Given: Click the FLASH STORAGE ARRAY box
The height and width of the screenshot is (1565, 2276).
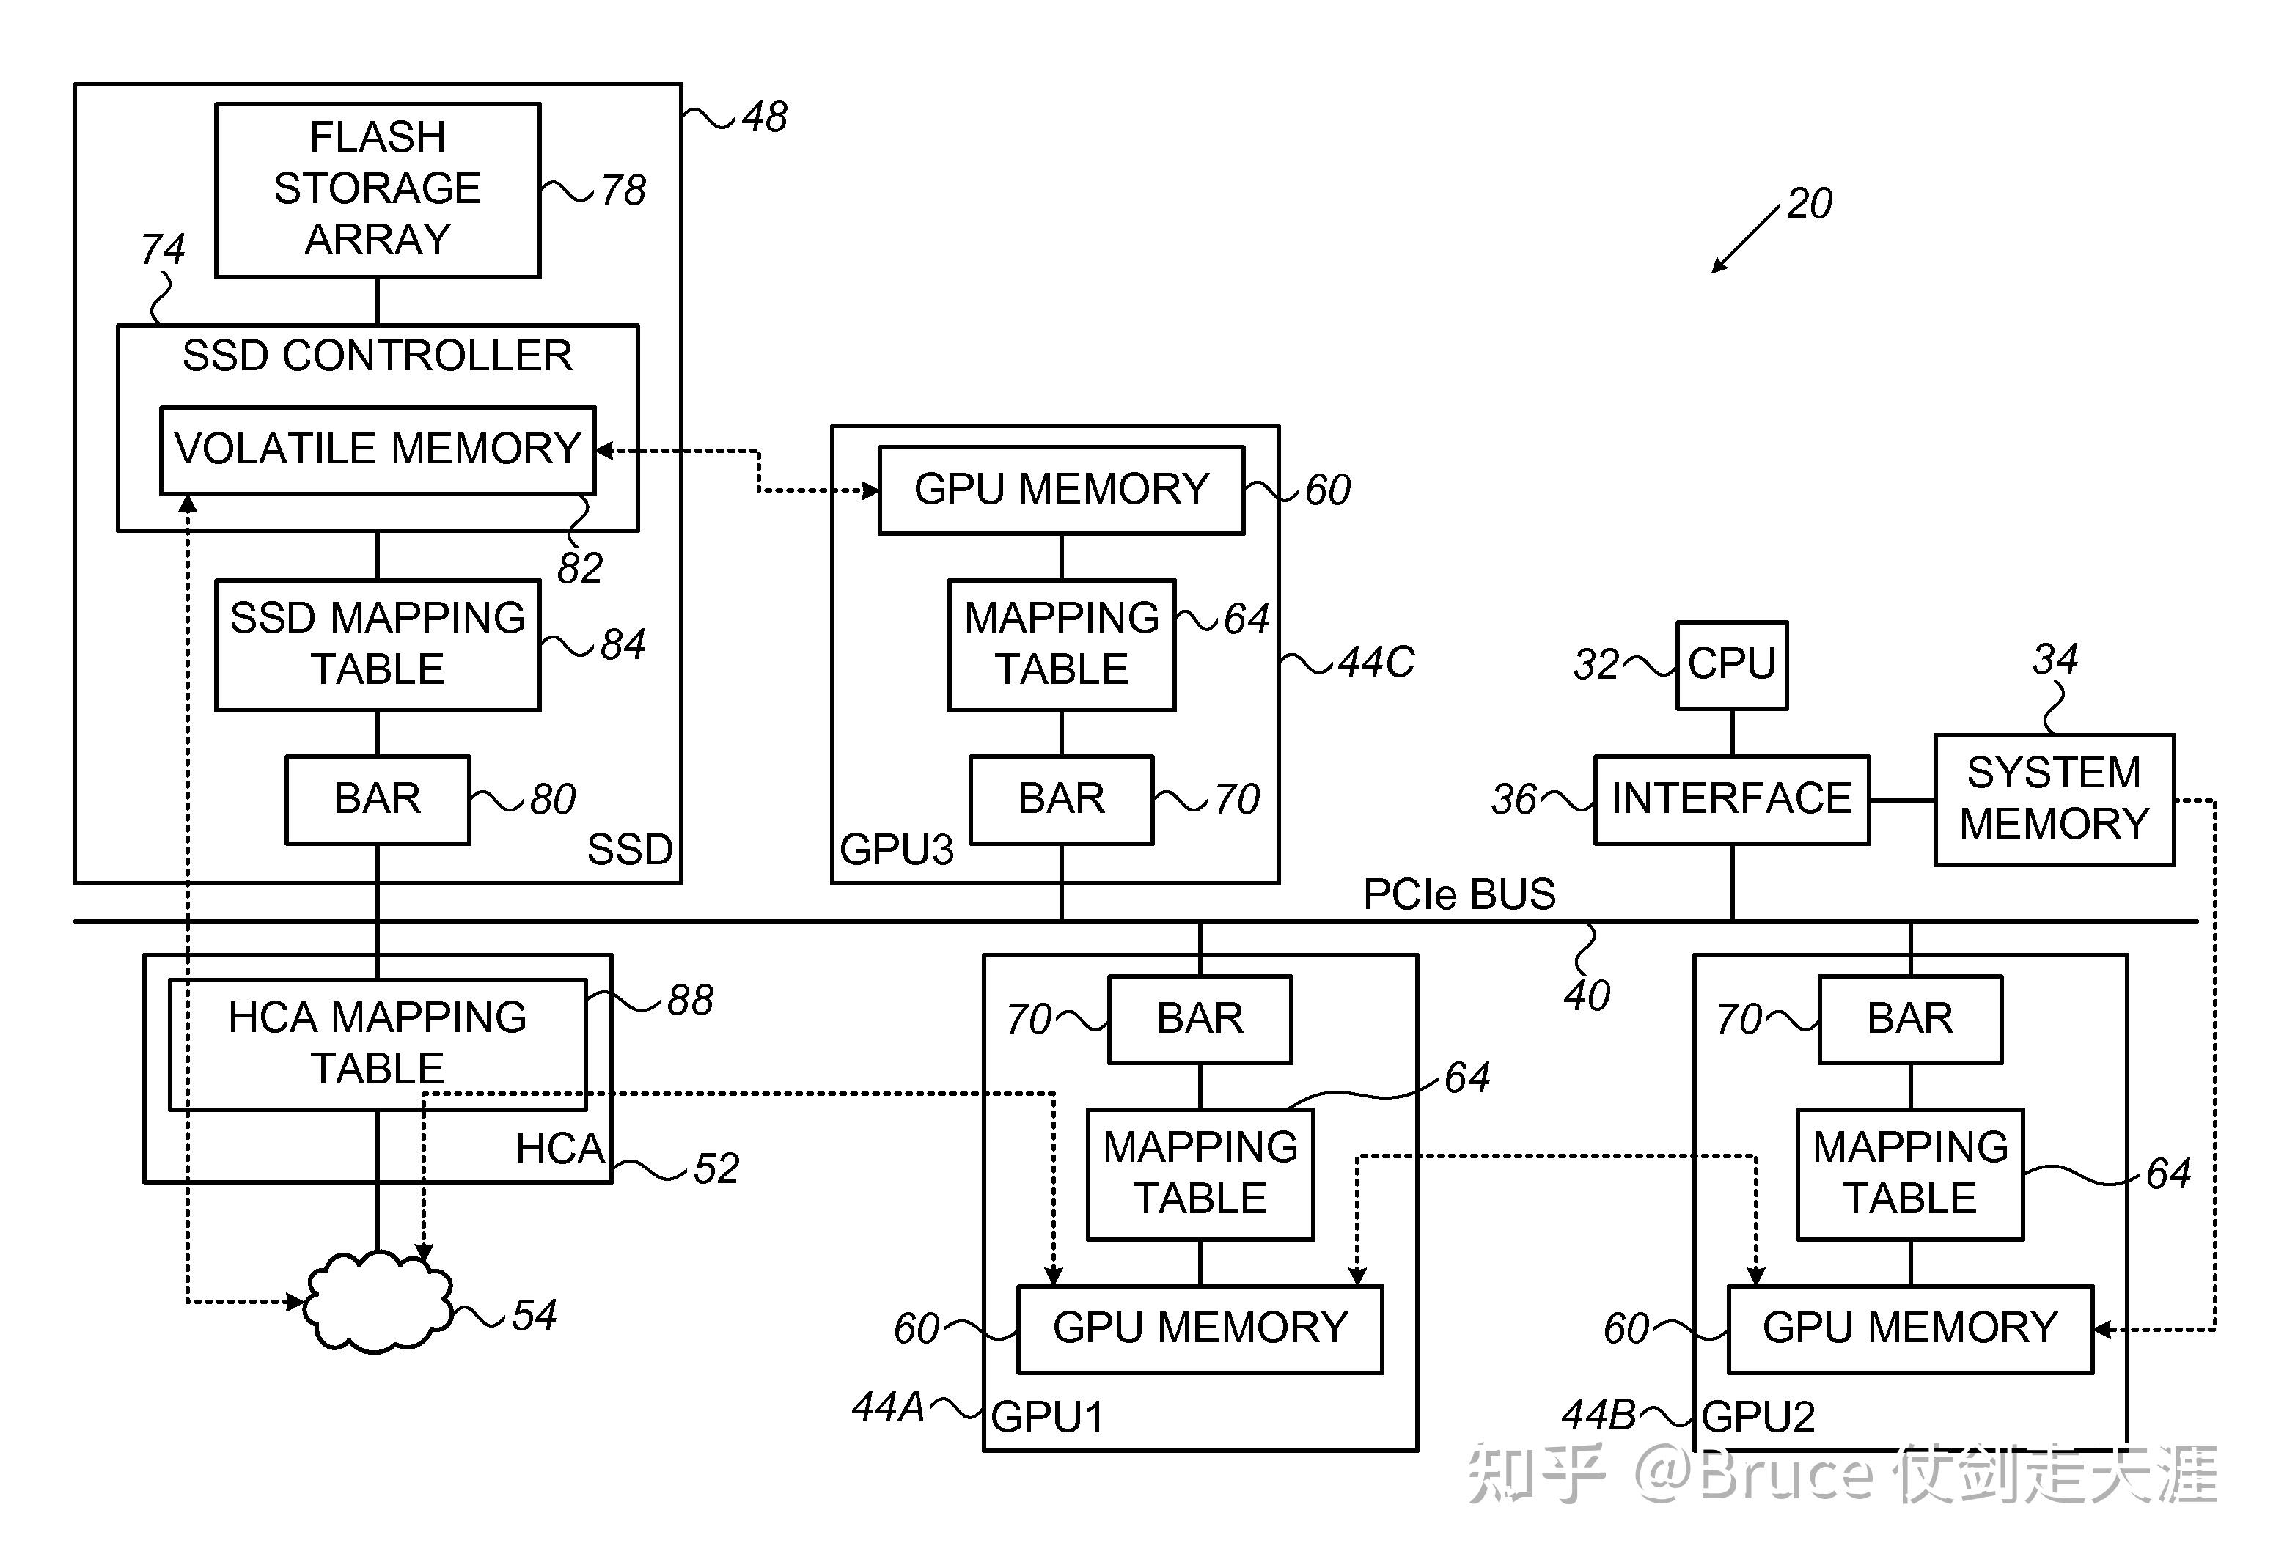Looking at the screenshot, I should (x=378, y=189).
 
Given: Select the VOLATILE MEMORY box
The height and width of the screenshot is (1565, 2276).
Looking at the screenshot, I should (x=378, y=450).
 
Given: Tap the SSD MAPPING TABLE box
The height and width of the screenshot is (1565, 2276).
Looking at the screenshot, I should (x=378, y=644).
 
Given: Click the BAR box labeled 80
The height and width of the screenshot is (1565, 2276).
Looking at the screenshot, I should (x=378, y=799).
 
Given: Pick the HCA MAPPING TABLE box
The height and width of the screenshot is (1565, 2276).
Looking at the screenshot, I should (x=378, y=1043).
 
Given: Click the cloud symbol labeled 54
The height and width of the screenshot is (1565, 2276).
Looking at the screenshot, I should (x=378, y=1302).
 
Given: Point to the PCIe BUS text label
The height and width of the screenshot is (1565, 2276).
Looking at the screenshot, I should (x=1458, y=894).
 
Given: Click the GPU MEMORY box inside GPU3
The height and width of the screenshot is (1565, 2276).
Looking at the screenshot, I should (x=1061, y=490).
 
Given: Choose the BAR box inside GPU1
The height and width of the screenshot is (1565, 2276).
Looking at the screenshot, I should (x=1200, y=1019).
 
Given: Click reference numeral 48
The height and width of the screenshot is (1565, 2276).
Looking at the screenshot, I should (x=764, y=118).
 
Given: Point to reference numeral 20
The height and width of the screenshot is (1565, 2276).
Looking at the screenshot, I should (x=1808, y=204).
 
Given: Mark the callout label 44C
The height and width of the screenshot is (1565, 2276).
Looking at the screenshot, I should (x=1376, y=663).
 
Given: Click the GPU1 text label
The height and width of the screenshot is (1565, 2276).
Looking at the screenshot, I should (x=1047, y=1417).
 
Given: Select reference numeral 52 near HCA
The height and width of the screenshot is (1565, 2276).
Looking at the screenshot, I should (x=716, y=1169).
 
